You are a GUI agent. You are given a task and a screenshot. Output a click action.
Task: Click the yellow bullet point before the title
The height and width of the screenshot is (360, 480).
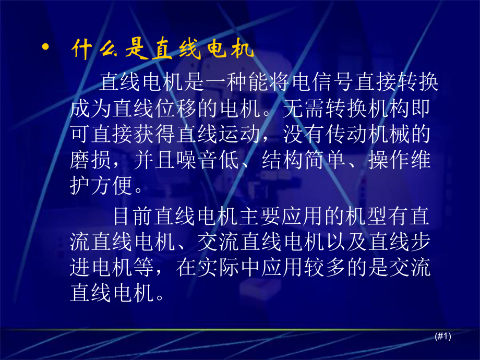(45, 47)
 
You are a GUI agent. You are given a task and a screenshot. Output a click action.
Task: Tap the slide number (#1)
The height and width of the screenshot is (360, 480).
(442, 337)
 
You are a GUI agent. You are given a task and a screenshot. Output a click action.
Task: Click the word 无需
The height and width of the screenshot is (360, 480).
(304, 109)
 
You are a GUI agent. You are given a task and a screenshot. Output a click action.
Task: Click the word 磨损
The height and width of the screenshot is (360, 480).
(91, 160)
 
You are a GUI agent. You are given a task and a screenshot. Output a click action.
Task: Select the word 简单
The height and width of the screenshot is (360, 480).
(326, 160)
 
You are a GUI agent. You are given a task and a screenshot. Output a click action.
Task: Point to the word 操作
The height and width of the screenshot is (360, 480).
(389, 160)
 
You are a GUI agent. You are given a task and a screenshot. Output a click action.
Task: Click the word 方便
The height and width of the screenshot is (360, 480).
(112, 185)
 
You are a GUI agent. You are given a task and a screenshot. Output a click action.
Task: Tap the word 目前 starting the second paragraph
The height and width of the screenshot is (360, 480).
(134, 216)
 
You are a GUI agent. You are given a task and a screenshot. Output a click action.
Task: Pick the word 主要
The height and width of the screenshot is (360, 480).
(261, 216)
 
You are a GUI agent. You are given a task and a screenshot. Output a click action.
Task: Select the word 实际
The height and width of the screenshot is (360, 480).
(219, 267)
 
